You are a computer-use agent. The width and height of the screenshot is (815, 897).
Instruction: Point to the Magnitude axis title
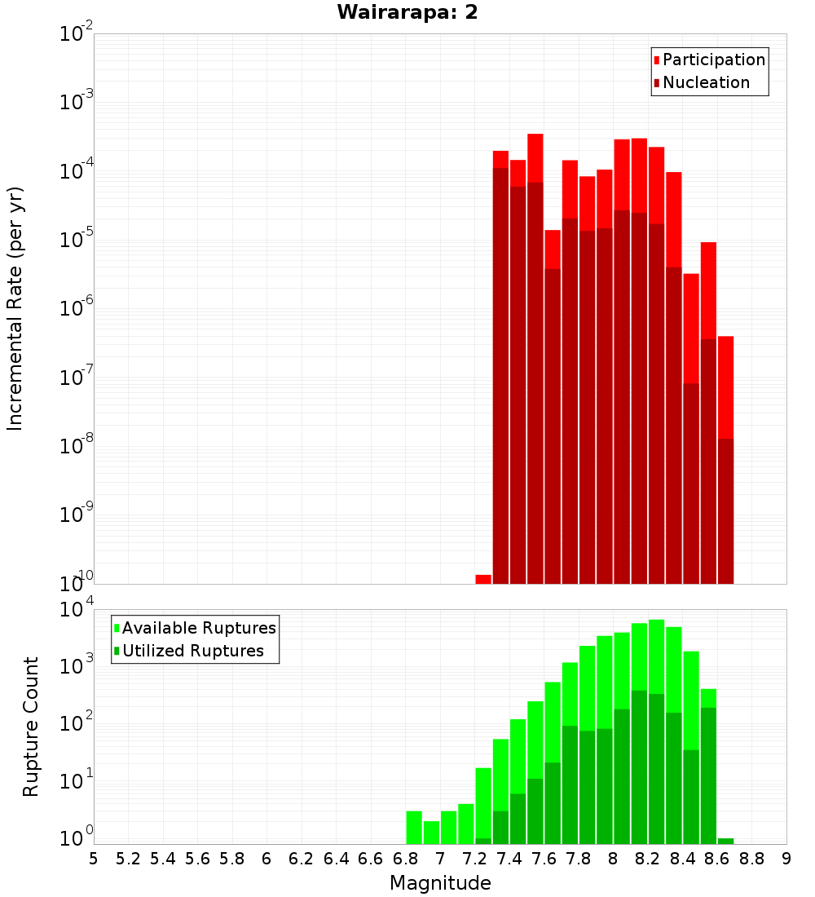point(440,883)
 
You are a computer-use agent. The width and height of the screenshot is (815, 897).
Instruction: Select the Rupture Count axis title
point(31,727)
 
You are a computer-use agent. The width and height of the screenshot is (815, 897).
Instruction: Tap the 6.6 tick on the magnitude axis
point(371,859)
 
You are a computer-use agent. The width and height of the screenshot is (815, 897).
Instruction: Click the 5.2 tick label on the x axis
point(128,859)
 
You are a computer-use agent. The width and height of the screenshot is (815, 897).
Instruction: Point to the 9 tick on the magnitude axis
point(786,859)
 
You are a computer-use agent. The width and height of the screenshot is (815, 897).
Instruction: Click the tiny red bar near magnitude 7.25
point(483,579)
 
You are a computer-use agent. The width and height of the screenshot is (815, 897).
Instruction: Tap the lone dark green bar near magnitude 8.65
point(725,841)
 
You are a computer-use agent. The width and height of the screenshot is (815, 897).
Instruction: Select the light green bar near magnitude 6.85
point(414,827)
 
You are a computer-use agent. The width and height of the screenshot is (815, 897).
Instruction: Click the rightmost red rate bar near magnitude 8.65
point(725,383)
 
